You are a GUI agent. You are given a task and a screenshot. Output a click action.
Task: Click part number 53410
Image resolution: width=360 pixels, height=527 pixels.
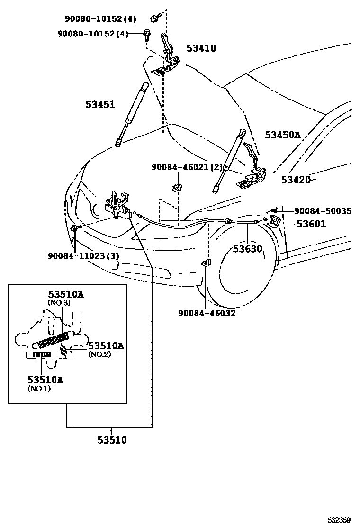click(x=201, y=48)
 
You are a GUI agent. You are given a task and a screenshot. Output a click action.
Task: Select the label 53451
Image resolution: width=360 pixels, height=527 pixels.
click(x=100, y=104)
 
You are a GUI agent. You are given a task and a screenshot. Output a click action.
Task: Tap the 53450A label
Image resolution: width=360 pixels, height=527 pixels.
click(x=282, y=135)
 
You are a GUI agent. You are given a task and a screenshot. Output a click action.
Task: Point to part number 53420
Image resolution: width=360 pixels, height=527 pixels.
click(x=296, y=180)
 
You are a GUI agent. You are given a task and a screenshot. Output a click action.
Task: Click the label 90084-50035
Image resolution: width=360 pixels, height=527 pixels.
click(x=323, y=211)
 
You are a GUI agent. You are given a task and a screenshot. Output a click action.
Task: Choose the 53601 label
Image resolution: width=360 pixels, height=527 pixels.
click(x=311, y=224)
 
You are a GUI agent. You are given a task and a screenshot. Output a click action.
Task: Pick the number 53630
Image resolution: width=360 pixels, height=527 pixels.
click(x=247, y=248)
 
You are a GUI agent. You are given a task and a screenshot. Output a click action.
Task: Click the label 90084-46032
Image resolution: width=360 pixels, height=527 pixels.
click(x=207, y=313)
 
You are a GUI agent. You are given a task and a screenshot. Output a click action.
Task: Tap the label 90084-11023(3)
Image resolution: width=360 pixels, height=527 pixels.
click(x=83, y=256)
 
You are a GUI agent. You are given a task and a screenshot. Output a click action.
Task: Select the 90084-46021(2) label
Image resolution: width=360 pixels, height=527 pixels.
click(x=187, y=167)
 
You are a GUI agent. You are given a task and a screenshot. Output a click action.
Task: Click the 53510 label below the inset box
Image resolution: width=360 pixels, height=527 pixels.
click(x=112, y=440)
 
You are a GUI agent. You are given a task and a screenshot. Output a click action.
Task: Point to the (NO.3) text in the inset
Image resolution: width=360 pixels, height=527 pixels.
click(x=59, y=303)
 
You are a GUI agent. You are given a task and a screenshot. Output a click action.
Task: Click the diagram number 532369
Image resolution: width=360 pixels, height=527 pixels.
click(x=340, y=520)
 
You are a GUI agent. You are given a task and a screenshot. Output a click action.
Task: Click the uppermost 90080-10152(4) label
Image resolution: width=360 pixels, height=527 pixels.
click(x=100, y=19)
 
